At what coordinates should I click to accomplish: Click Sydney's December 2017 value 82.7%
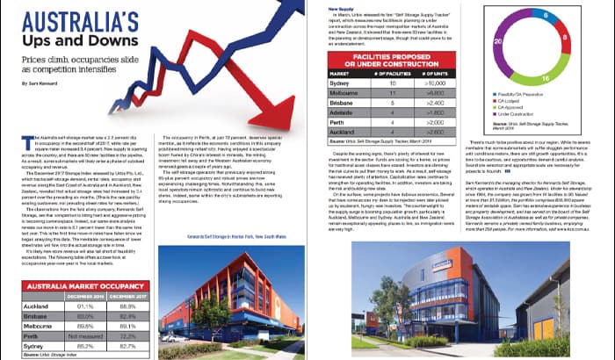coord(128,345)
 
